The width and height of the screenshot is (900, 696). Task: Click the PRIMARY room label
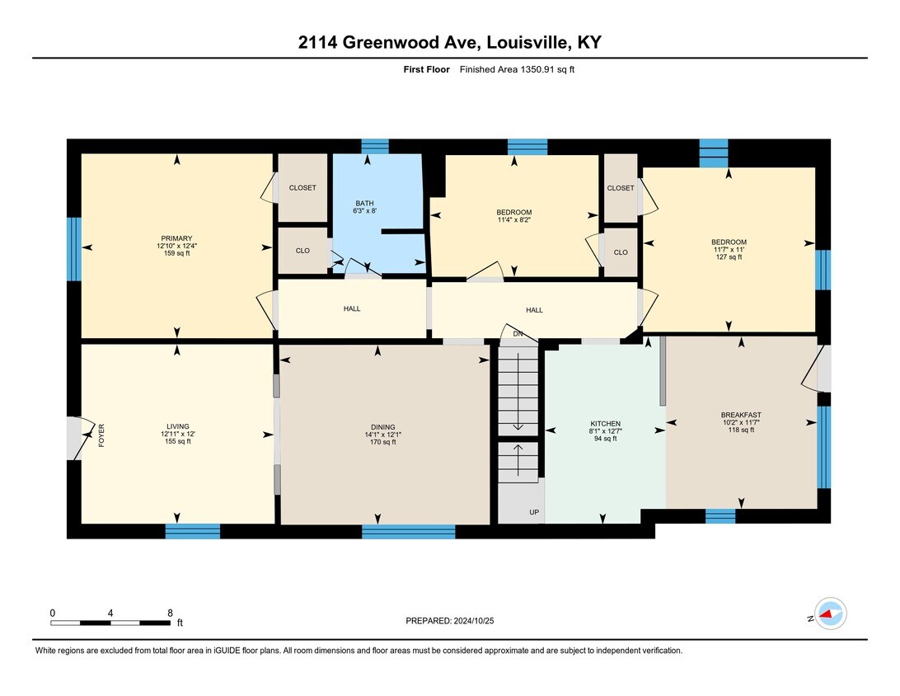tap(176, 238)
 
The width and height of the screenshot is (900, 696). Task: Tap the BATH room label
tap(364, 204)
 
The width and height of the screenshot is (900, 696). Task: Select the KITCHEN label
tap(605, 424)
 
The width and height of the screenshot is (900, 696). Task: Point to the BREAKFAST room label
tap(741, 415)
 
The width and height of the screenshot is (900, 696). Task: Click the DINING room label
tap(383, 427)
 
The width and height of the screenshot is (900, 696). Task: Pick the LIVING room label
tap(178, 426)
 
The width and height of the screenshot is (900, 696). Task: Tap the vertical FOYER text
tap(101, 435)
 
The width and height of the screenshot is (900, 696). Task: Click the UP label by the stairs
tap(534, 512)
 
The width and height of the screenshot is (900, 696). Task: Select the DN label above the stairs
tap(518, 334)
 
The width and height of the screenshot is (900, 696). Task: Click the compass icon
tap(830, 614)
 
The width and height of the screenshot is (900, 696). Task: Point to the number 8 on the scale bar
tap(170, 614)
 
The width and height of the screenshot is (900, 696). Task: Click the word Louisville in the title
tap(528, 43)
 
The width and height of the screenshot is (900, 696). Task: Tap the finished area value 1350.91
tap(537, 69)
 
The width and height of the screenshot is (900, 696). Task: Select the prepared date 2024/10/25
tap(474, 621)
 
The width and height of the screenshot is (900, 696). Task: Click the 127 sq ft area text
tap(729, 257)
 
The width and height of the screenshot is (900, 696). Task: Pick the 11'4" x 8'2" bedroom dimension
tap(513, 219)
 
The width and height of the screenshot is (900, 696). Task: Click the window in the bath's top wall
tap(375, 147)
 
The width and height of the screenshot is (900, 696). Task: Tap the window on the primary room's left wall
tap(74, 249)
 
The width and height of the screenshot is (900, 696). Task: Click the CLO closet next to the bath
tap(302, 251)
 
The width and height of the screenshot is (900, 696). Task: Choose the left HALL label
tap(352, 309)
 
